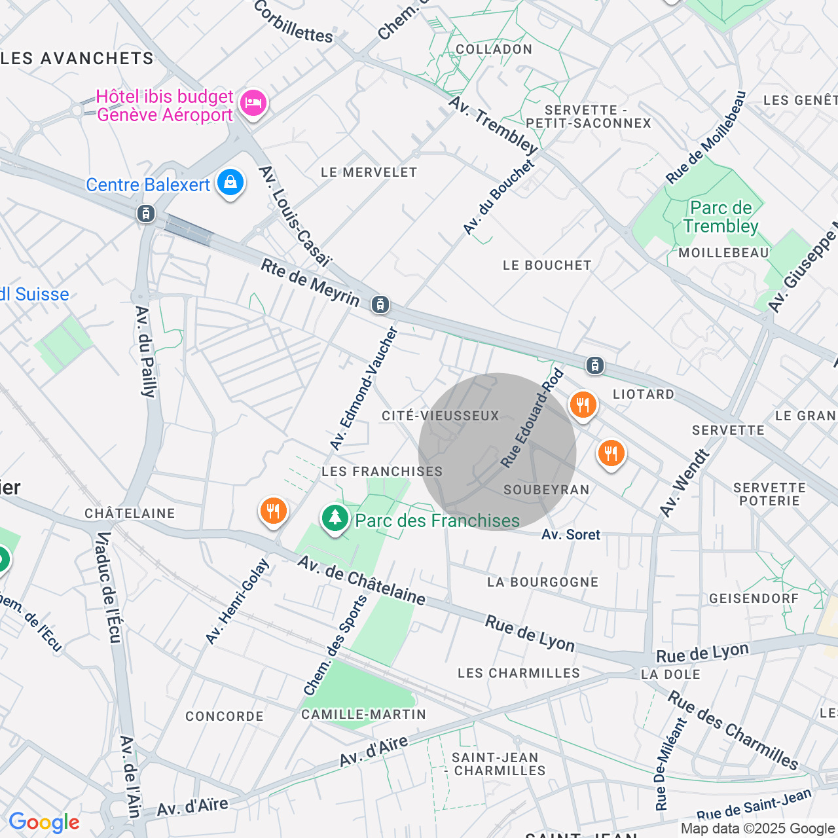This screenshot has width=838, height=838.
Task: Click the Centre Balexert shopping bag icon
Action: [230, 183]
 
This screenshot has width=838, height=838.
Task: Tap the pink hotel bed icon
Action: [253, 103]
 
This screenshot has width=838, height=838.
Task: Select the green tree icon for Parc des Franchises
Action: [335, 518]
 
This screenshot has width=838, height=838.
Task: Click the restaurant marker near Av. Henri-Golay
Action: [274, 511]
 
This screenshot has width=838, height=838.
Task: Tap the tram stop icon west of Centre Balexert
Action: [146, 213]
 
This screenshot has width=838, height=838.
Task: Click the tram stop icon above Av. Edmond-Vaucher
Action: [380, 304]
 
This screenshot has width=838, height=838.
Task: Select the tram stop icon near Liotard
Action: [594, 365]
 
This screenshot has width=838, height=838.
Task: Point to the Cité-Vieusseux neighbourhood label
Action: [441, 416]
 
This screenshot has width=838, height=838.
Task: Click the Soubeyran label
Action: [547, 490]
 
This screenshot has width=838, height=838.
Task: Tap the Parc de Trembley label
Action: [721, 217]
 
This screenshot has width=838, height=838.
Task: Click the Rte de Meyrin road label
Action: [310, 283]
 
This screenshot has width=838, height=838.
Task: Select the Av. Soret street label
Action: [570, 535]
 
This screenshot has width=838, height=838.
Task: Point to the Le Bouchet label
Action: [547, 265]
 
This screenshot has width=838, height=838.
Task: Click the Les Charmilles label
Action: [519, 673]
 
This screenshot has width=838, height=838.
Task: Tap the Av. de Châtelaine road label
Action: [361, 580]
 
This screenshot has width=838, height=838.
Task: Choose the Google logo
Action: [44, 822]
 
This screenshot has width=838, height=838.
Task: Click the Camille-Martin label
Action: [363, 714]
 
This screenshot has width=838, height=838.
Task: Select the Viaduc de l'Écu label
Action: [109, 587]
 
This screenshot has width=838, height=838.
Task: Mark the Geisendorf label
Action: [754, 598]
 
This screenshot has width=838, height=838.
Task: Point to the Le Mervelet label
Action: [369, 172]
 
